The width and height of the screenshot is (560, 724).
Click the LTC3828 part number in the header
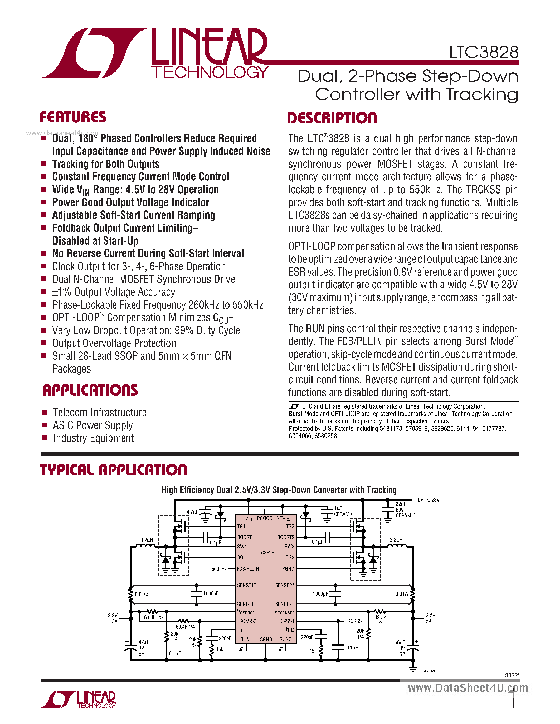[x=483, y=52]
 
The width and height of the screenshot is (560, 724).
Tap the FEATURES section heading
[x=73, y=117]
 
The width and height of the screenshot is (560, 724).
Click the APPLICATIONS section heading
[x=90, y=390]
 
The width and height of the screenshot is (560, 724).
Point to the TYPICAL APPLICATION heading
[x=114, y=470]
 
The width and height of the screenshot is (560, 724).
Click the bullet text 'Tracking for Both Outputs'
[x=106, y=164]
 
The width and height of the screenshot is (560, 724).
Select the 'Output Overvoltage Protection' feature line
[x=114, y=343]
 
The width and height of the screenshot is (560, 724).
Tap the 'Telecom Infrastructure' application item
[x=100, y=412]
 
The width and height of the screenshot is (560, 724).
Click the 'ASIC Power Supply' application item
[x=93, y=425]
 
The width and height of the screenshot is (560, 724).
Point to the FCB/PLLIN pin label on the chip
[x=248, y=568]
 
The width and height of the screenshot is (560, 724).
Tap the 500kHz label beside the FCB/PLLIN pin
[x=219, y=569]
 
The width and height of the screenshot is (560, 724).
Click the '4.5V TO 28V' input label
[x=427, y=500]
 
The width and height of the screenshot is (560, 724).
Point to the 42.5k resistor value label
[x=380, y=618]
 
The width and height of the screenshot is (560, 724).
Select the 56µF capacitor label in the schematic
[x=400, y=642]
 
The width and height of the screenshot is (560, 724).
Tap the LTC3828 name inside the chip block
[x=265, y=553]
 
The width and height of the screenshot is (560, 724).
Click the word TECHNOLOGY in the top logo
[x=210, y=72]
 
